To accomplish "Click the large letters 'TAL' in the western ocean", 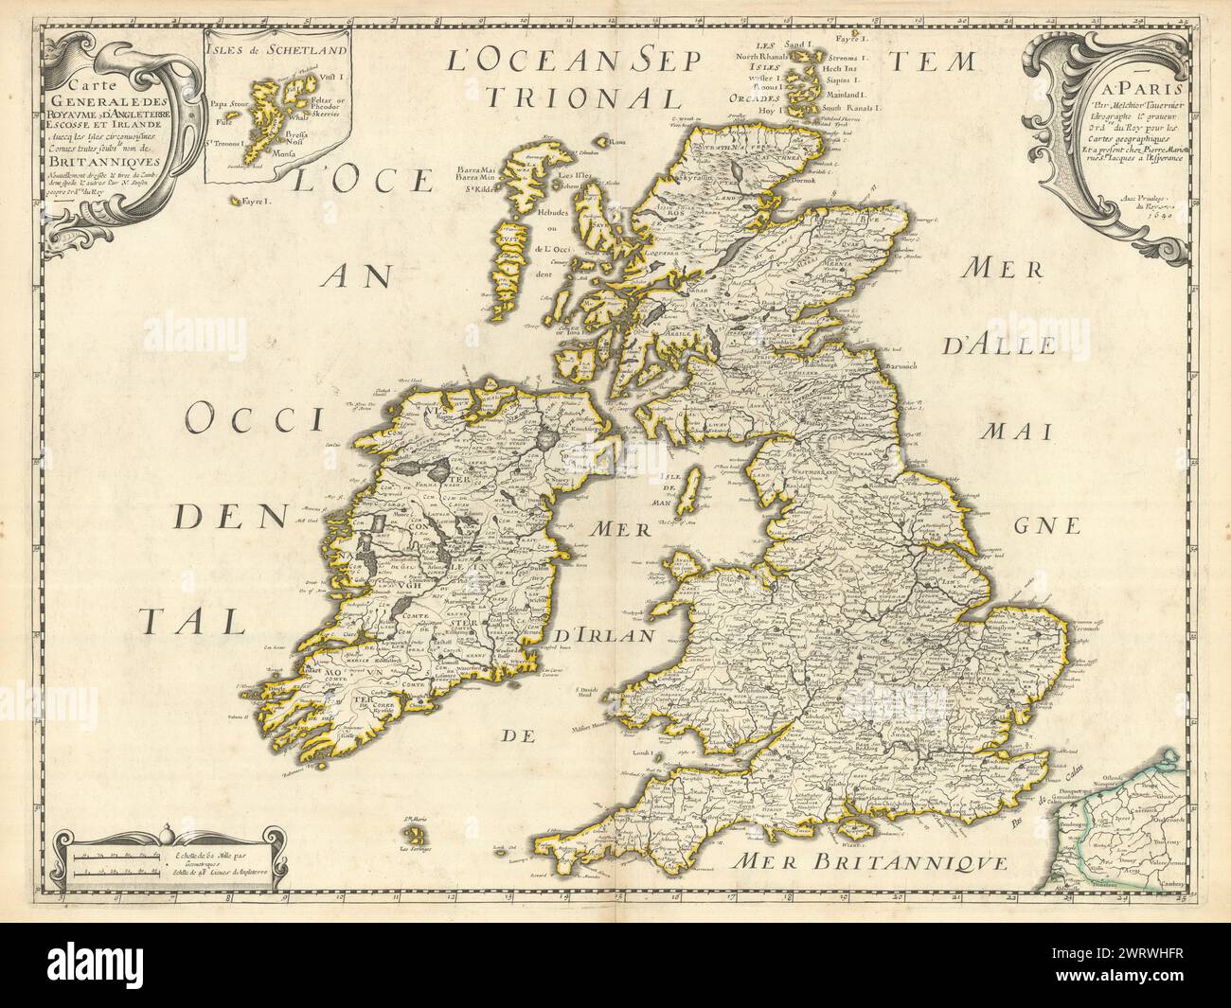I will click(x=186, y=621).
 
